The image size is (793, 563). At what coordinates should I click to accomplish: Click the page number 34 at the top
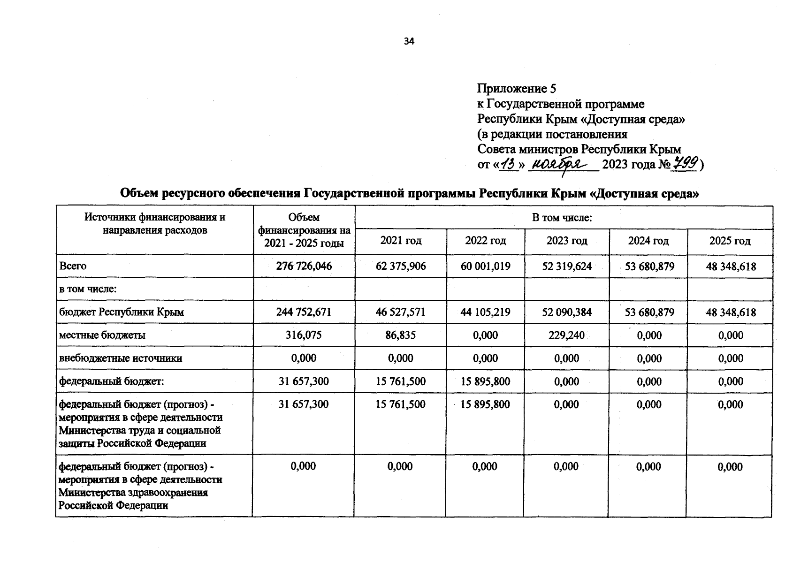coord(409,41)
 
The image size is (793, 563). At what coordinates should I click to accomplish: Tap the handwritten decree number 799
coord(685,164)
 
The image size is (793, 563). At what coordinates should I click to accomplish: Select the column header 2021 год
coord(401,241)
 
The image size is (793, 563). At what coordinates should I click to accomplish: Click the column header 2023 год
coord(567,241)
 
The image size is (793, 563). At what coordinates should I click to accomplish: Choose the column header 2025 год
coord(730,241)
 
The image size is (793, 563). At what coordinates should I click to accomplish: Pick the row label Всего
coord(73,266)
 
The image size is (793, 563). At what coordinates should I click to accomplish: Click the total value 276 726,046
coord(304,266)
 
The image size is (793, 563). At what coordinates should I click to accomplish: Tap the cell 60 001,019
coord(485,266)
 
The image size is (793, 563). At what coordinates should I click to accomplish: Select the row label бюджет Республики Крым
coord(122,312)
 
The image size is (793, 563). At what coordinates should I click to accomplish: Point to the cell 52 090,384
coord(566,312)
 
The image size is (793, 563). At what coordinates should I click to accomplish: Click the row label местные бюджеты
coord(102,335)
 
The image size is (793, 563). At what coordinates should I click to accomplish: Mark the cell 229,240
coord(566,335)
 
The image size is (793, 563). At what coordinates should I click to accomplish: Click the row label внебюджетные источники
coord(121,358)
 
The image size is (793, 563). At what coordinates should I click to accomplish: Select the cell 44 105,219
coord(485,312)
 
